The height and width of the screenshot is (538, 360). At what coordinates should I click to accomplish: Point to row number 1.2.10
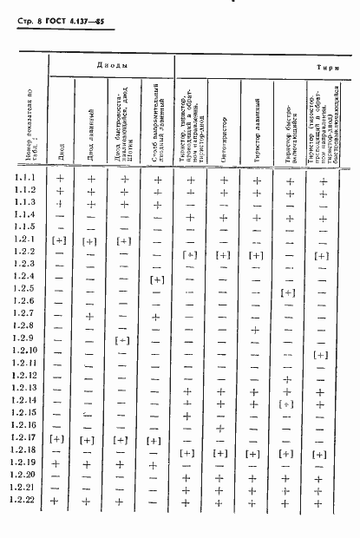pos(24,349)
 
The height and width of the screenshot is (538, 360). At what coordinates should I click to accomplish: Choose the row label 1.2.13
pos(24,386)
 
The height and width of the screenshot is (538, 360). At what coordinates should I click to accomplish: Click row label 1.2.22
pos(24,501)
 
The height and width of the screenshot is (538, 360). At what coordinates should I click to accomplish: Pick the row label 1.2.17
pos(24,438)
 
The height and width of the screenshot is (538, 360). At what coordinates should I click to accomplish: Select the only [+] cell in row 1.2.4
pos(157,279)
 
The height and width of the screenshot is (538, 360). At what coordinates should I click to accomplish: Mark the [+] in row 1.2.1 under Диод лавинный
pos(90,239)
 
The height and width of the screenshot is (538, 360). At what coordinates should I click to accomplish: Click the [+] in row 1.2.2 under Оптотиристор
pos(223,255)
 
